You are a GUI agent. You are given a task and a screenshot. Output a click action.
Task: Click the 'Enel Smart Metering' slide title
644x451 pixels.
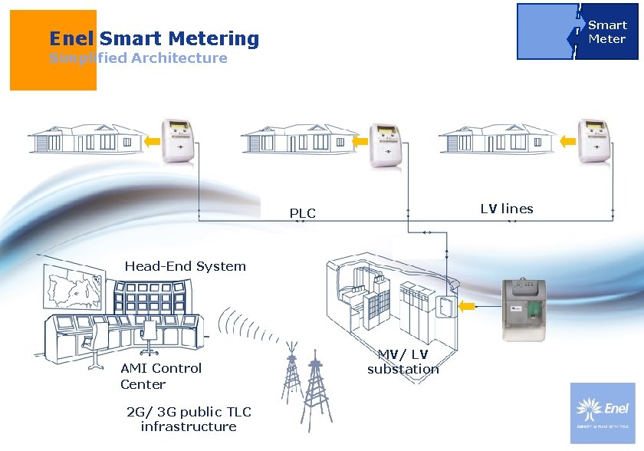coord(154,38)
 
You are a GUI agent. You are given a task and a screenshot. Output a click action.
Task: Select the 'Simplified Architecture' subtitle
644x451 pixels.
coord(138,58)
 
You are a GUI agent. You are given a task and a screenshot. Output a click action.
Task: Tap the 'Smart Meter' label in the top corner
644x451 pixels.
coord(606,32)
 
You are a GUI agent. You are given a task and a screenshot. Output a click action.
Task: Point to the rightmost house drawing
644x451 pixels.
coord(495,138)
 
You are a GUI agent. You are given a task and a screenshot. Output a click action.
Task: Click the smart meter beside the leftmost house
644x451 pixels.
coord(178,140)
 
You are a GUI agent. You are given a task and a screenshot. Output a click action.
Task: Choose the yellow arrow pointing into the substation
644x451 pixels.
coord(467,308)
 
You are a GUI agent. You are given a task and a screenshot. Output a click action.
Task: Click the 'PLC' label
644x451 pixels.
coord(302,212)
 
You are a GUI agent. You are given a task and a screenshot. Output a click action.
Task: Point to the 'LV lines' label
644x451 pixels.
coord(507,209)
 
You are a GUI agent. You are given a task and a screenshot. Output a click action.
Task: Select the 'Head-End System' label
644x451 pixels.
coord(185,267)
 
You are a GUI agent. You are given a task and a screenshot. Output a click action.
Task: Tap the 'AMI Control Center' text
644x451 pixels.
coord(160,376)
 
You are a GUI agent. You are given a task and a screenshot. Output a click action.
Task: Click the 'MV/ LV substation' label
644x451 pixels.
coord(403,361)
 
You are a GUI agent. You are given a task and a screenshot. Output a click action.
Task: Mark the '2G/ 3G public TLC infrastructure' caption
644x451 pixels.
coord(189,419)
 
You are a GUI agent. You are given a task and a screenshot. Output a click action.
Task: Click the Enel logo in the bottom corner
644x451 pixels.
coord(602,413)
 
